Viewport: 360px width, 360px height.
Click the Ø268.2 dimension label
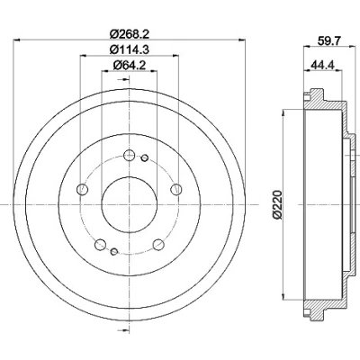tap(130, 34)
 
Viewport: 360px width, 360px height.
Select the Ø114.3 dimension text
tap(130, 49)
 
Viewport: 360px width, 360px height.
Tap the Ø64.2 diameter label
tap(130, 65)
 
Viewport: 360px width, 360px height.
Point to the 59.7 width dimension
tap(328, 40)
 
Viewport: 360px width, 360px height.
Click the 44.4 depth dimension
tap(323, 64)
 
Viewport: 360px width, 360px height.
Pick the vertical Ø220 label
tap(278, 205)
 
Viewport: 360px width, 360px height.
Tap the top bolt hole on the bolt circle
tap(130, 155)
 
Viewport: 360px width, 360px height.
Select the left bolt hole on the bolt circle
tap(82, 189)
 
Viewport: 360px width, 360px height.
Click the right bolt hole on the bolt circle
tap(176, 189)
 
